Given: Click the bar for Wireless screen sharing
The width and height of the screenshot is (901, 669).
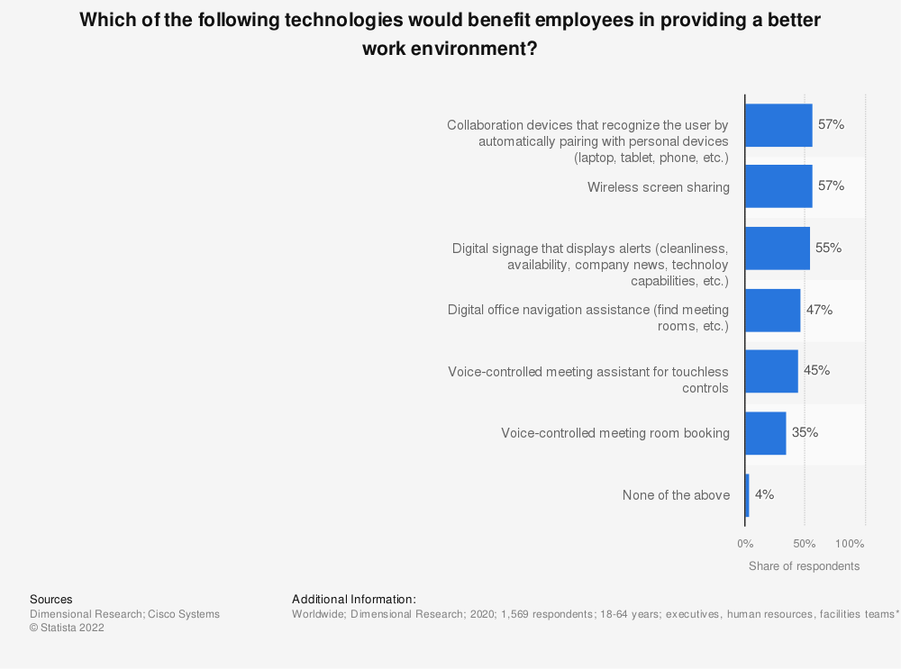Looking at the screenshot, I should click(778, 186).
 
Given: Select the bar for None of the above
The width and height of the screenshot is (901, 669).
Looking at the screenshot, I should click(747, 495).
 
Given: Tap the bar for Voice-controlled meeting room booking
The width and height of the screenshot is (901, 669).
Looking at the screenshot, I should click(766, 433).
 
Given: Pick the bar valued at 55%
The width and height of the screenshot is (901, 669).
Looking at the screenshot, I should click(778, 249).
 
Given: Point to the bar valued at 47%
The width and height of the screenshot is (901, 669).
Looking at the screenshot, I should click(772, 311).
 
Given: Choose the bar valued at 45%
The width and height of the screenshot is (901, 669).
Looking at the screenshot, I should click(771, 372).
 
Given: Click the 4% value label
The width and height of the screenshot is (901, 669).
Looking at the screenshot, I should click(764, 494).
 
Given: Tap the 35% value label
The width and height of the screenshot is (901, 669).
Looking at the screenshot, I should click(805, 432).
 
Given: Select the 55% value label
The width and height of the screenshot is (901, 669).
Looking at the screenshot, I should click(828, 248).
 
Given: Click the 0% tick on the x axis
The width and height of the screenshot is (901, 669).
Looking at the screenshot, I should click(745, 544).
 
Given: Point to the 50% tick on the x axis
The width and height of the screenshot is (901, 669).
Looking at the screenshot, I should click(805, 544).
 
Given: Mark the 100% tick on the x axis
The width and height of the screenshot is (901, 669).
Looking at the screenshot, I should click(850, 544).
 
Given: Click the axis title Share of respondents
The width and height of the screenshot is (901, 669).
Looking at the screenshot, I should click(804, 566).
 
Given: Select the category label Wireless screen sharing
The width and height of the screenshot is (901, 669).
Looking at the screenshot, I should click(659, 187).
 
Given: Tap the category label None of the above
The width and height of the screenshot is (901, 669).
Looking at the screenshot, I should click(676, 495).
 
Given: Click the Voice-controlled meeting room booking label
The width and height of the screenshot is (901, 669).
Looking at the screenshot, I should click(615, 433).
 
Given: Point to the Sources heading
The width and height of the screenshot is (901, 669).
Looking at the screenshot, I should click(51, 599).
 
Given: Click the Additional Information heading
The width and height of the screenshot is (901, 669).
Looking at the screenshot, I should click(354, 599).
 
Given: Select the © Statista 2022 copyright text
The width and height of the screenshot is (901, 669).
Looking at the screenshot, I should click(67, 628).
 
